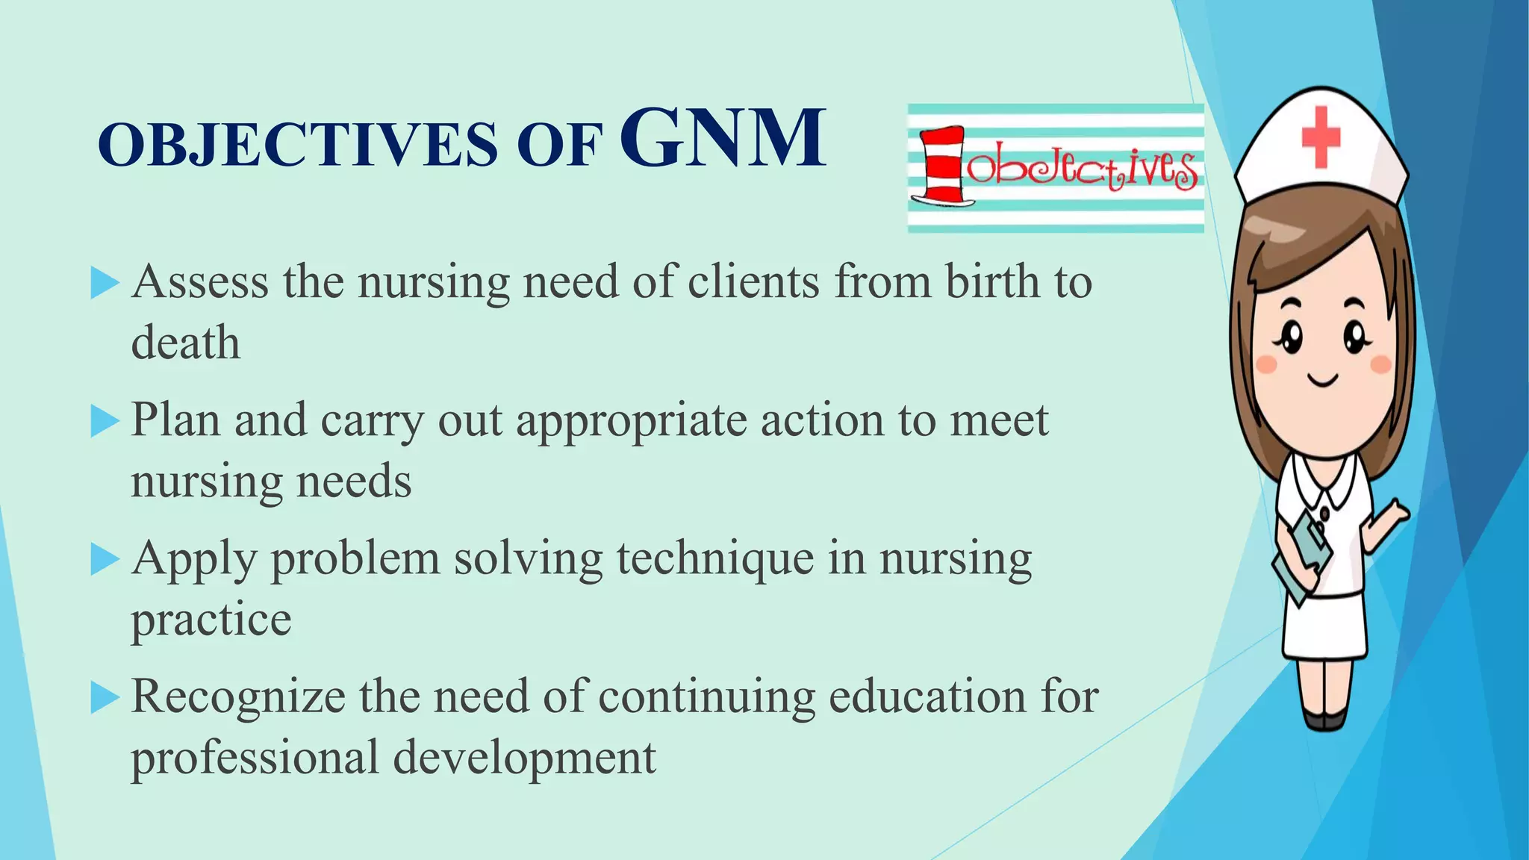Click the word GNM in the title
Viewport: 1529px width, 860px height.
click(x=722, y=138)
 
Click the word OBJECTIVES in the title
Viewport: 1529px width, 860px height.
click(x=297, y=144)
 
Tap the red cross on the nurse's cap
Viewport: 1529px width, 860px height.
click(x=1321, y=137)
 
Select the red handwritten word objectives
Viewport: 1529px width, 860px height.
click(x=1083, y=171)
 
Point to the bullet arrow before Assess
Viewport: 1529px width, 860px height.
click(x=105, y=284)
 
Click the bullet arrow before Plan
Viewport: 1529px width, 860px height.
click(x=105, y=422)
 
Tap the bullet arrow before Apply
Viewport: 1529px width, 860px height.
click(x=105, y=560)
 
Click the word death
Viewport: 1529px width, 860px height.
click(x=186, y=343)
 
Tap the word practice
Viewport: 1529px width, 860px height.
click(x=211, y=620)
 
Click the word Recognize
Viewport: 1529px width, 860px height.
click(x=238, y=698)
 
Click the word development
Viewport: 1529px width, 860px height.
click(x=524, y=758)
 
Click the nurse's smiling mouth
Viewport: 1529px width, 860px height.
click(x=1324, y=381)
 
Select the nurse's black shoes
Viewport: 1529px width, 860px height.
click(x=1325, y=718)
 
